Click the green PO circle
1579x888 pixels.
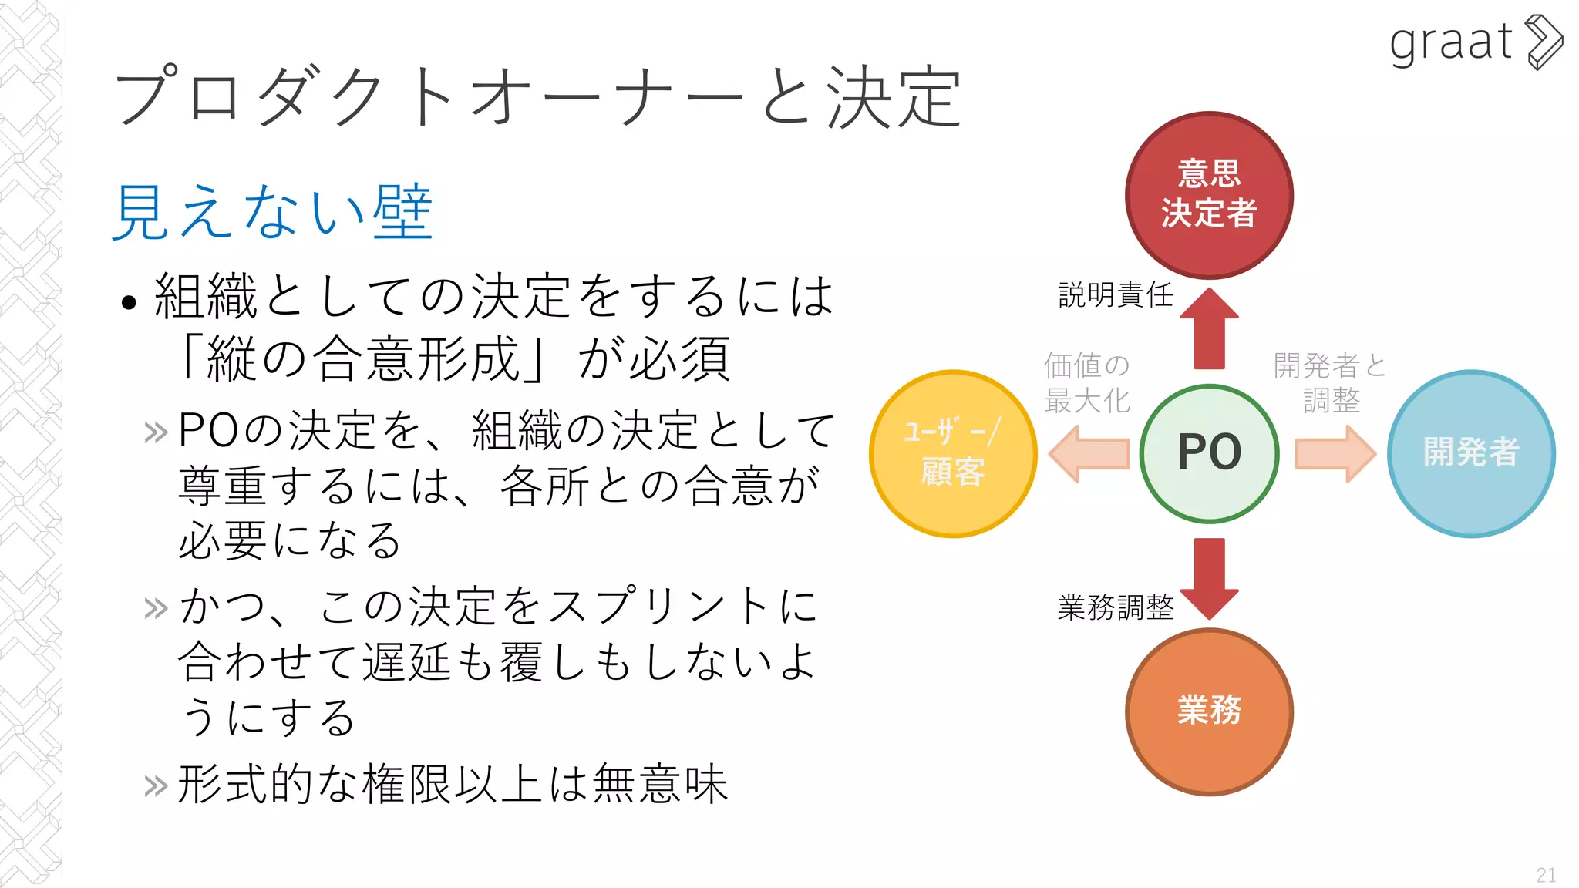click(1209, 453)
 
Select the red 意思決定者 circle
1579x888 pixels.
click(1209, 194)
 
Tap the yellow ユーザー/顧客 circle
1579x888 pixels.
click(953, 453)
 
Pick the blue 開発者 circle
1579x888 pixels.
click(1470, 453)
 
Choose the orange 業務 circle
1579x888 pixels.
click(1209, 711)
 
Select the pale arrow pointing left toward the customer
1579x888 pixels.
click(1089, 454)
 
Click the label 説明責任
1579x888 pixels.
click(1115, 294)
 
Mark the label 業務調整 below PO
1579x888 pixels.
click(1115, 607)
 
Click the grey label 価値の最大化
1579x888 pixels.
click(1086, 382)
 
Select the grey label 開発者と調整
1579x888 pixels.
click(1330, 382)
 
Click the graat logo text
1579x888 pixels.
click(1450, 42)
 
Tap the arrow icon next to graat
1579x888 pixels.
click(1544, 42)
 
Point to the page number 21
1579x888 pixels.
click(1545, 875)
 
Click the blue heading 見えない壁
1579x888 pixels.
click(272, 211)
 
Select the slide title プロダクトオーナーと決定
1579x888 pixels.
click(537, 96)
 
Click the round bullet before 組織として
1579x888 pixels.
click(129, 302)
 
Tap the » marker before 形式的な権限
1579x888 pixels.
click(156, 786)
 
